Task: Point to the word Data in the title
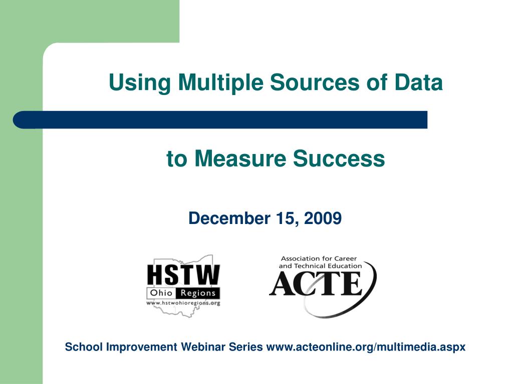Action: (x=418, y=82)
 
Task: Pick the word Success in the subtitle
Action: (x=339, y=159)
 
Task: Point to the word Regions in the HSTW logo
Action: (x=198, y=293)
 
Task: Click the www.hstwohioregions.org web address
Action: (x=183, y=303)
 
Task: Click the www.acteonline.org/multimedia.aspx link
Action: (x=366, y=347)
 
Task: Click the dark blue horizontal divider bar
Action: (x=220, y=120)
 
